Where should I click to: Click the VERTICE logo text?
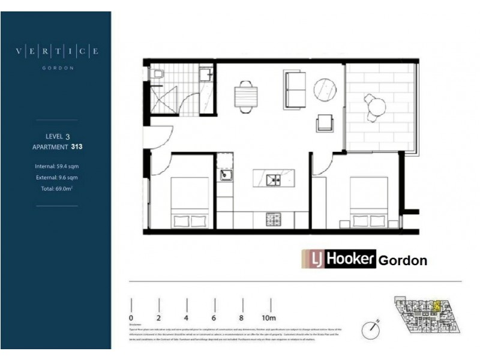57,52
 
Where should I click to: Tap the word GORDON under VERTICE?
58,68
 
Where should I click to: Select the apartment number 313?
76,146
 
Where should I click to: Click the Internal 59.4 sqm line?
57,166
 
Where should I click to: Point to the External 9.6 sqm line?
57,178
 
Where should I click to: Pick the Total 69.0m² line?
57,189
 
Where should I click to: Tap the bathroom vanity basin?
205,74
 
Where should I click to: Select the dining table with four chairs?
245,96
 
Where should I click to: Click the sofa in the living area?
295,89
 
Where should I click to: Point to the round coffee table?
326,90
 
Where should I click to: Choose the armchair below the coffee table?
325,124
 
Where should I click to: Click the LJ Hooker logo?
338,259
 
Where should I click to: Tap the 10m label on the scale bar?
268,317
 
